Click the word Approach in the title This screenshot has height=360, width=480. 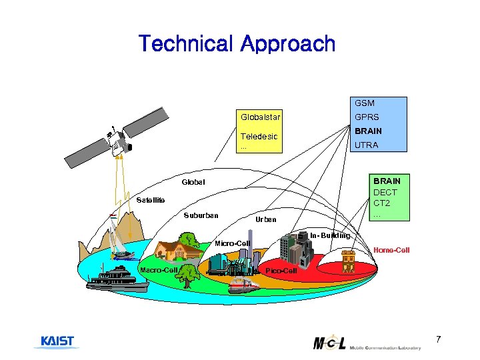tap(288, 44)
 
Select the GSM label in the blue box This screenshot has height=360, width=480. tap(365, 103)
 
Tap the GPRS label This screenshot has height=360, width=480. tap(367, 117)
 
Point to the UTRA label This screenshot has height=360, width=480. tap(367, 145)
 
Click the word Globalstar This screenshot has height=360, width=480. tap(261, 117)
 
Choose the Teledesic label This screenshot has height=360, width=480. tap(259, 136)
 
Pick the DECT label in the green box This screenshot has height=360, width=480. tap(385, 192)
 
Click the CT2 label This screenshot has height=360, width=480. tap(382, 203)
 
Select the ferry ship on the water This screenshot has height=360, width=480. tap(119, 279)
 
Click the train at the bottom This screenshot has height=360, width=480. tap(243, 285)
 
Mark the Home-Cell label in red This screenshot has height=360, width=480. tap(391, 250)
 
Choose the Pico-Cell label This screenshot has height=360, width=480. tap(281, 271)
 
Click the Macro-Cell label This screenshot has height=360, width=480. tap(158, 269)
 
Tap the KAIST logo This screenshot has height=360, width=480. tap(57, 341)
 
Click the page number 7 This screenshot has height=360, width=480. tap(438, 340)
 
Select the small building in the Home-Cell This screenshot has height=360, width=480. tap(348, 261)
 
